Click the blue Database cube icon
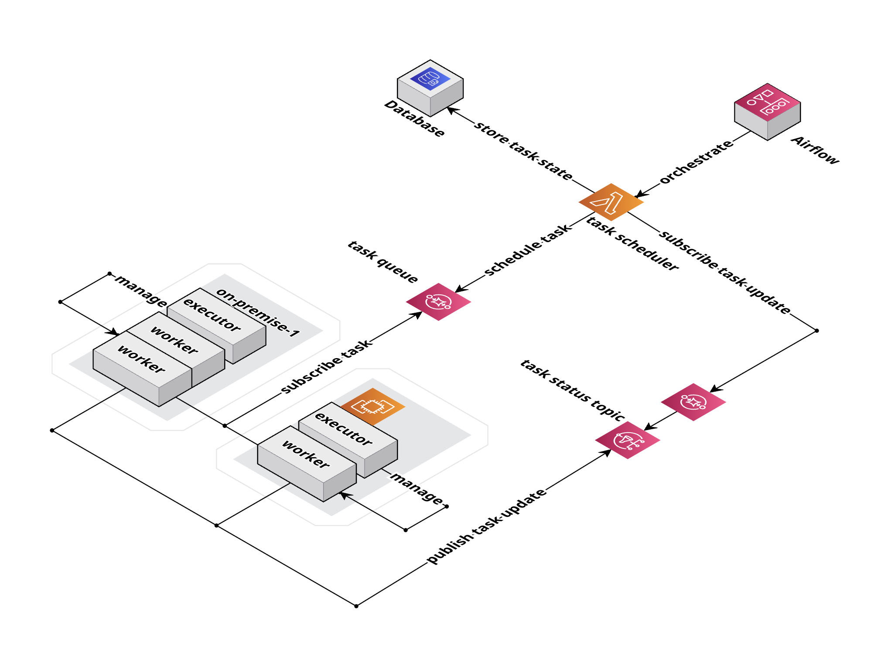[430, 88]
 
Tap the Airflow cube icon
[767, 111]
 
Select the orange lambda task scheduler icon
[611, 202]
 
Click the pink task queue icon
[438, 302]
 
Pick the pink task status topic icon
[627, 440]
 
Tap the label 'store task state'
[523, 151]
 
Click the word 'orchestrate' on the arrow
[696, 162]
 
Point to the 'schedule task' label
[527, 249]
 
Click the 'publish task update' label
[486, 526]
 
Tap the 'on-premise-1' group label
[258, 312]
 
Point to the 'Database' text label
[414, 119]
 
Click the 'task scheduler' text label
[632, 243]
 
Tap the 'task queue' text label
[382, 262]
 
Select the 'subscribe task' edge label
[326, 366]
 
